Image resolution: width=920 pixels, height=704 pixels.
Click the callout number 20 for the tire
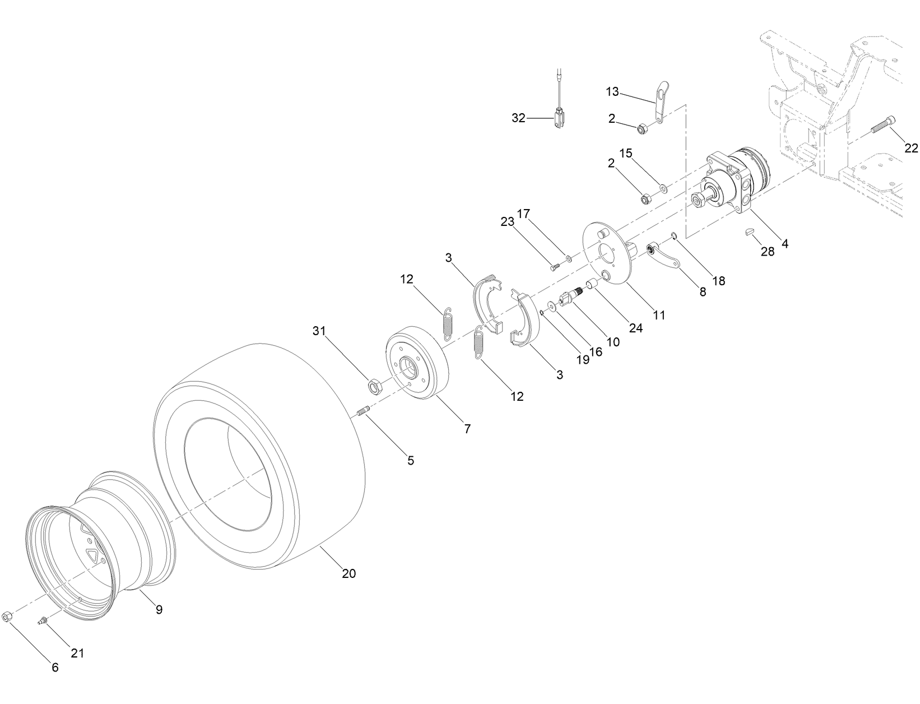(x=349, y=574)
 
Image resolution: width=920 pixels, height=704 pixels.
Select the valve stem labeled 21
(x=41, y=620)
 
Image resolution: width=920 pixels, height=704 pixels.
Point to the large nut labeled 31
(x=374, y=386)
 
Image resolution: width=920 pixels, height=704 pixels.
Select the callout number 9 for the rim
(x=159, y=609)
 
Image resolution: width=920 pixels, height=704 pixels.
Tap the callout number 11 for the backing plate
(x=659, y=315)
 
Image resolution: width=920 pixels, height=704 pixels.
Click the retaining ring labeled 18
(x=674, y=237)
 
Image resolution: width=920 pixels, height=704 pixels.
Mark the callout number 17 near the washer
(x=523, y=214)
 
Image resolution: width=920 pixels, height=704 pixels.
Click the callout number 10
(x=613, y=341)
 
